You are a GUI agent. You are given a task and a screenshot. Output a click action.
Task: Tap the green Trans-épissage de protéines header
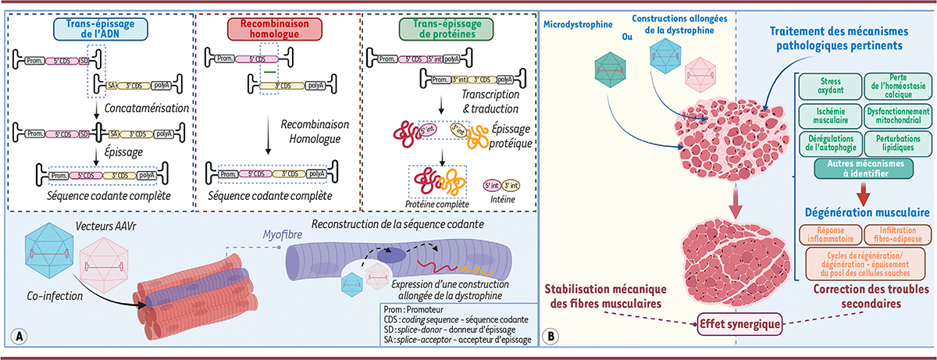440,30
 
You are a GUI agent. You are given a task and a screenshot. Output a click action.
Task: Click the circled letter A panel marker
18,337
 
